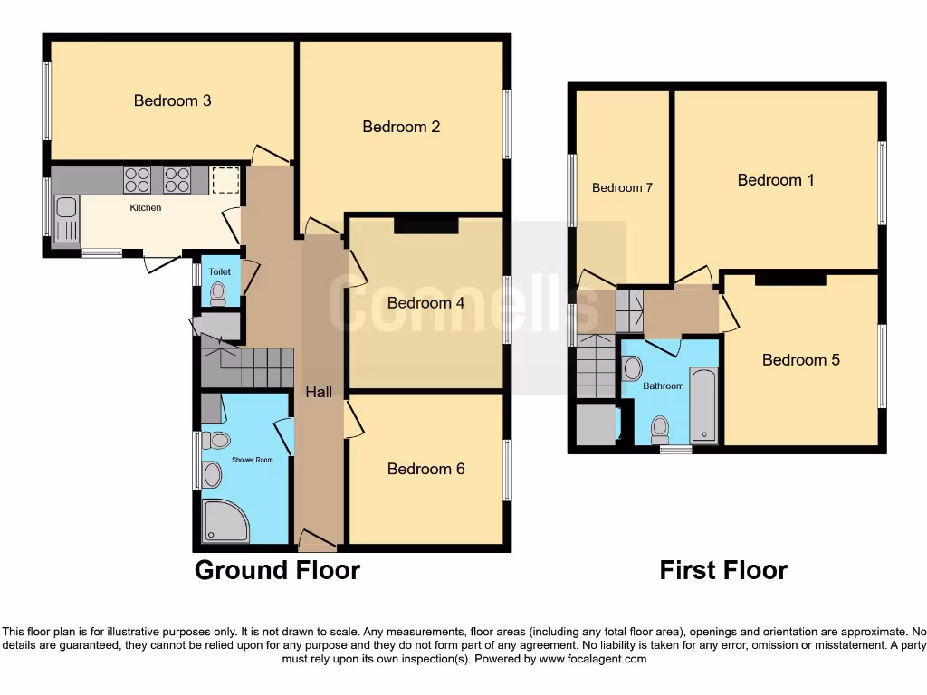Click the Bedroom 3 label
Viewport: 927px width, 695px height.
(172, 100)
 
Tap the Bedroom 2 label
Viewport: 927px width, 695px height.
(401, 127)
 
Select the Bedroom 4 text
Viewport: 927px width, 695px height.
(425, 303)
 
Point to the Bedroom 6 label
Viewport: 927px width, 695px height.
(425, 469)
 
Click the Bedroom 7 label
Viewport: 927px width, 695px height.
(622, 188)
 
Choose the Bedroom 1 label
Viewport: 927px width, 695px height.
(776, 180)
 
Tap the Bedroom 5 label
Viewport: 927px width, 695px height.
(800, 360)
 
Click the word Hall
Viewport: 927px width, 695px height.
(318, 392)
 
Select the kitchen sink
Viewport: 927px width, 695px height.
(66, 219)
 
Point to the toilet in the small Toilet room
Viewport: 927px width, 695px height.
(217, 291)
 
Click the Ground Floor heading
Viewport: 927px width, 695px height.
(277, 571)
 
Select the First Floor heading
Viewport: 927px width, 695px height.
(722, 571)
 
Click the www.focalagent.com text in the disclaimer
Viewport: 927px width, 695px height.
(594, 660)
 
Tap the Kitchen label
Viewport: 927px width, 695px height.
(146, 208)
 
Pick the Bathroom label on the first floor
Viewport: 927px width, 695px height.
(663, 386)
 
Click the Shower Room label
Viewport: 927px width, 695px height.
(252, 460)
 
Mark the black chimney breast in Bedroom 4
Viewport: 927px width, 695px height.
(425, 225)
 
